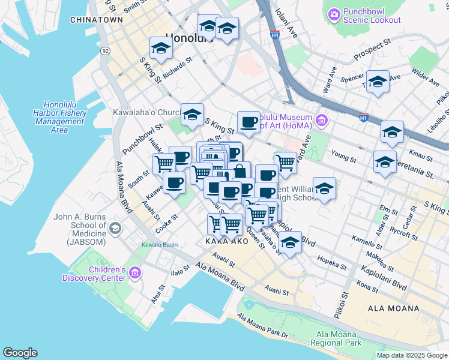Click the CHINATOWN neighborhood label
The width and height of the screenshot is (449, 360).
coord(97,20)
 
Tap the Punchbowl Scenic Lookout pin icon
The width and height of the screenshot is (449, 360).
coord(334,13)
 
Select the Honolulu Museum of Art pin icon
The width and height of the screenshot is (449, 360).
coord(322,121)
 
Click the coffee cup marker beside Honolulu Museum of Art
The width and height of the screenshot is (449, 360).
coord(249,122)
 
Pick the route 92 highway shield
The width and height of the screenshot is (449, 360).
coord(106,50)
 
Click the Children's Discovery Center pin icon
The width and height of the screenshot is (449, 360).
coord(134,274)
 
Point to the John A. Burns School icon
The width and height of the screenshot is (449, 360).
coord(116,228)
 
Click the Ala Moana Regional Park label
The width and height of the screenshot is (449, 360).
coord(336,338)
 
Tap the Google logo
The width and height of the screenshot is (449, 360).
coord(20,353)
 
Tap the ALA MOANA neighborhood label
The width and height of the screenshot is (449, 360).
coord(394,308)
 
